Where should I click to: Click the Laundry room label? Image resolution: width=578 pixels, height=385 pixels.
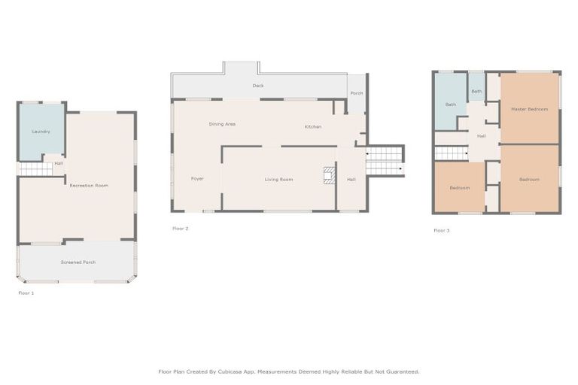coord(41,132)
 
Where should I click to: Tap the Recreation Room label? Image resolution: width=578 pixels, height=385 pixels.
coord(89,186)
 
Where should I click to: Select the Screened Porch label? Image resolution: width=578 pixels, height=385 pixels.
coord(78,262)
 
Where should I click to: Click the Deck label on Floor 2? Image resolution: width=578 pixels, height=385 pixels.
coord(258,86)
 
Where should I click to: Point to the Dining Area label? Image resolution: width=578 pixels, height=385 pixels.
coord(222,124)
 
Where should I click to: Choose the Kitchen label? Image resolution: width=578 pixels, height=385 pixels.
coord(313,127)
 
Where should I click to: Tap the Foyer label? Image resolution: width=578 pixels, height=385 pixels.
coord(197,179)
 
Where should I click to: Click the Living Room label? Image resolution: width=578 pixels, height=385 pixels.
coord(278,180)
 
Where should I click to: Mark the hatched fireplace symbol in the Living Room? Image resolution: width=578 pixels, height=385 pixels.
coord(330,175)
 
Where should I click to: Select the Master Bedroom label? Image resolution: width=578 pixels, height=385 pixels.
coord(529,110)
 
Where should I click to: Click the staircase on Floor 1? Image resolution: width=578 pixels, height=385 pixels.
coord(36,169)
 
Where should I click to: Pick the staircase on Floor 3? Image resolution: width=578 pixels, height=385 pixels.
coord(452,153)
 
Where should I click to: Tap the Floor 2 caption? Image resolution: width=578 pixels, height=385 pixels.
coord(181,229)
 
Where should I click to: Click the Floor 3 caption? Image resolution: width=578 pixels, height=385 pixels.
coord(441,231)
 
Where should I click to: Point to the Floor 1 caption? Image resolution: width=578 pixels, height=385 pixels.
coord(26,293)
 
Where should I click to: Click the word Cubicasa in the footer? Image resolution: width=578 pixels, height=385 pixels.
coord(230,371)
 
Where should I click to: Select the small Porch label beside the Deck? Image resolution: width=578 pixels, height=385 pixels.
coord(357,93)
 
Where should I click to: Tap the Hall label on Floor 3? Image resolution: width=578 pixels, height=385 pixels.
coord(481,136)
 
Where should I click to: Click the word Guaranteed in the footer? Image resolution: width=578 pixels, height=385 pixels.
coord(403,371)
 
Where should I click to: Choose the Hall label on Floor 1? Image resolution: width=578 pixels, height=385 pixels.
coord(59,163)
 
